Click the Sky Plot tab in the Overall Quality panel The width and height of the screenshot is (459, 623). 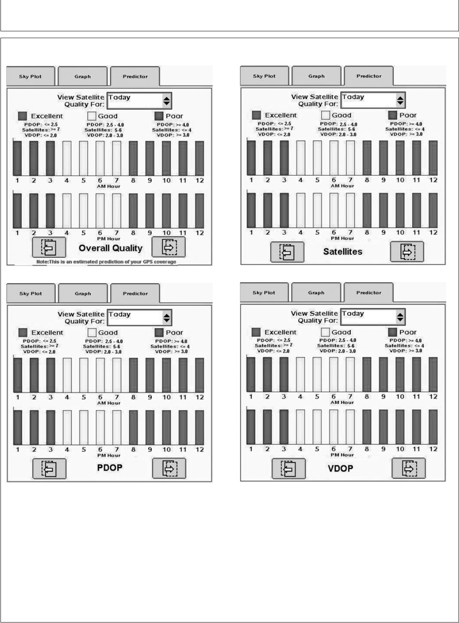point(30,76)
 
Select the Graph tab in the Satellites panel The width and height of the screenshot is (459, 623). point(316,76)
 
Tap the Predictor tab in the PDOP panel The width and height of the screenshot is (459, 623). point(135,293)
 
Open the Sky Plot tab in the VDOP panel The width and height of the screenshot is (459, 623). point(264,293)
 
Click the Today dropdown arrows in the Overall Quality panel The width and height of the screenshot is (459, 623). point(167,100)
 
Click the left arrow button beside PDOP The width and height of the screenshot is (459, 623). point(49,468)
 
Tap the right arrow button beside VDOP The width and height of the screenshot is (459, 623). point(408,468)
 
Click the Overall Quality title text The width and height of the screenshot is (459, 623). point(110,248)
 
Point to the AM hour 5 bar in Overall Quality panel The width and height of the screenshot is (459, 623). point(84,158)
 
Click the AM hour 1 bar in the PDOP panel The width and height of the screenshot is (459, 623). point(18,375)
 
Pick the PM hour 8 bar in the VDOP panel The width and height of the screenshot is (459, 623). point(367,426)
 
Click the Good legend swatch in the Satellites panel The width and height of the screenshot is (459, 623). point(325,115)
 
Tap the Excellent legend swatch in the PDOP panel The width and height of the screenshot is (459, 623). point(23,332)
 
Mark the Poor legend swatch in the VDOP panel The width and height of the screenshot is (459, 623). point(393,332)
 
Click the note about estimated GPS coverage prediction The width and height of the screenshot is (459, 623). point(106,262)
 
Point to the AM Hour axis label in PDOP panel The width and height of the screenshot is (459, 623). point(108,403)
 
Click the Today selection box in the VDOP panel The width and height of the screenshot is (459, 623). point(366,316)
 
